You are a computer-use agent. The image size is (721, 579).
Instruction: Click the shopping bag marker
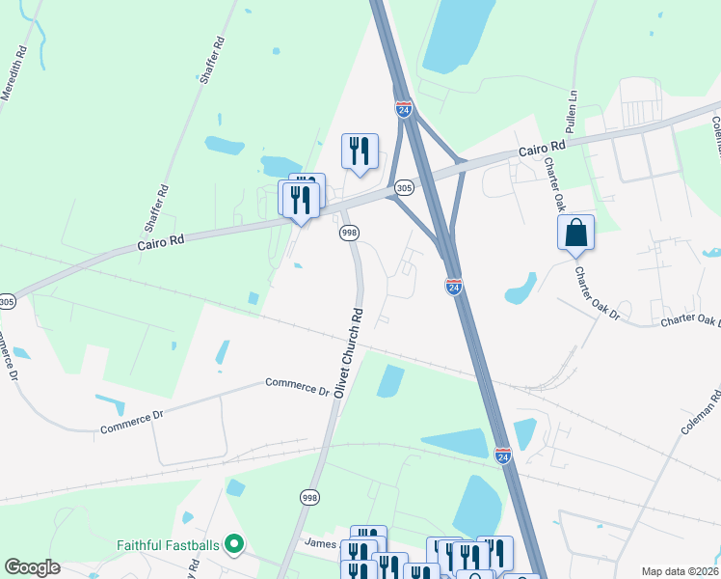(x=575, y=234)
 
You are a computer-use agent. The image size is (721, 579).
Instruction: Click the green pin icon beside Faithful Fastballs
(x=233, y=545)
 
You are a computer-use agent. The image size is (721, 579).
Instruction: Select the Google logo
(x=32, y=567)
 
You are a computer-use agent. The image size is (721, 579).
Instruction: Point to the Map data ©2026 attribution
(x=680, y=571)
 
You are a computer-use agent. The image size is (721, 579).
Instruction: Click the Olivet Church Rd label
(x=348, y=352)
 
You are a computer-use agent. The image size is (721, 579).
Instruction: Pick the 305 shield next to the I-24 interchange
(x=405, y=187)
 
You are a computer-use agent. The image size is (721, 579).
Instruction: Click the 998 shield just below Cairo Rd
(x=349, y=233)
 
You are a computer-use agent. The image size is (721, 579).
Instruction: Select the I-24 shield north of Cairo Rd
(x=404, y=109)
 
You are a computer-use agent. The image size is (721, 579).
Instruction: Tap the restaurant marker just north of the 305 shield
(x=360, y=152)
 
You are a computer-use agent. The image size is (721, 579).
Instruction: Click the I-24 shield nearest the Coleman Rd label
(x=502, y=455)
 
